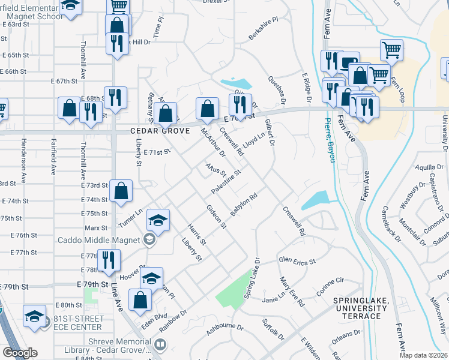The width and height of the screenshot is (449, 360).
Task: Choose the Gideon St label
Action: point(216,217)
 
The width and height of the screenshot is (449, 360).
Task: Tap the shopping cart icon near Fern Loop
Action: point(391,50)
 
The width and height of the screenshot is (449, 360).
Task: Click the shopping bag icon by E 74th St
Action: point(121,191)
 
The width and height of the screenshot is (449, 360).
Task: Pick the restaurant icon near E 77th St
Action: point(108,260)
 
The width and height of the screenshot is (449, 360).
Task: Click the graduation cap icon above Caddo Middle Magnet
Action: point(158,220)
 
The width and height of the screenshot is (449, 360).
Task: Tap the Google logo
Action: point(19,353)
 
